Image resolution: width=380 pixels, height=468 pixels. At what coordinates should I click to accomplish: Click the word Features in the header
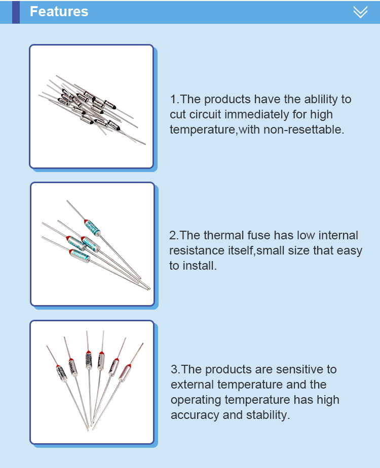[x=59, y=12]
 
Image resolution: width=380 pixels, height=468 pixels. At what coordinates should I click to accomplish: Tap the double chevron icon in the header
[x=360, y=12]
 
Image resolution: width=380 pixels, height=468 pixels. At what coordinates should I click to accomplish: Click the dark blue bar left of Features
[x=16, y=12]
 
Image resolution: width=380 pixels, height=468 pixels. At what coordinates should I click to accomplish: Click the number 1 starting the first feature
[x=173, y=99]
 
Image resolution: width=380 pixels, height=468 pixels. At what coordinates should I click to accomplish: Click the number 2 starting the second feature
[x=173, y=235]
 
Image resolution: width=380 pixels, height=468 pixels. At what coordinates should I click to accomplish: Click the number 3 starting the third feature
[x=174, y=370]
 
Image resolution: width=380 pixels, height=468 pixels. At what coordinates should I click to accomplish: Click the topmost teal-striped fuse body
[x=92, y=228]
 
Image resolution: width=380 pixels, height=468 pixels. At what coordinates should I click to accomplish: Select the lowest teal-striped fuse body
[x=79, y=256]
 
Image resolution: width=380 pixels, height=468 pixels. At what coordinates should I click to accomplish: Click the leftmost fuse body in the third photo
[x=61, y=373]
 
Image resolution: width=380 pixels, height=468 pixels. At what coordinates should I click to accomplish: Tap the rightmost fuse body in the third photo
[x=125, y=372]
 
